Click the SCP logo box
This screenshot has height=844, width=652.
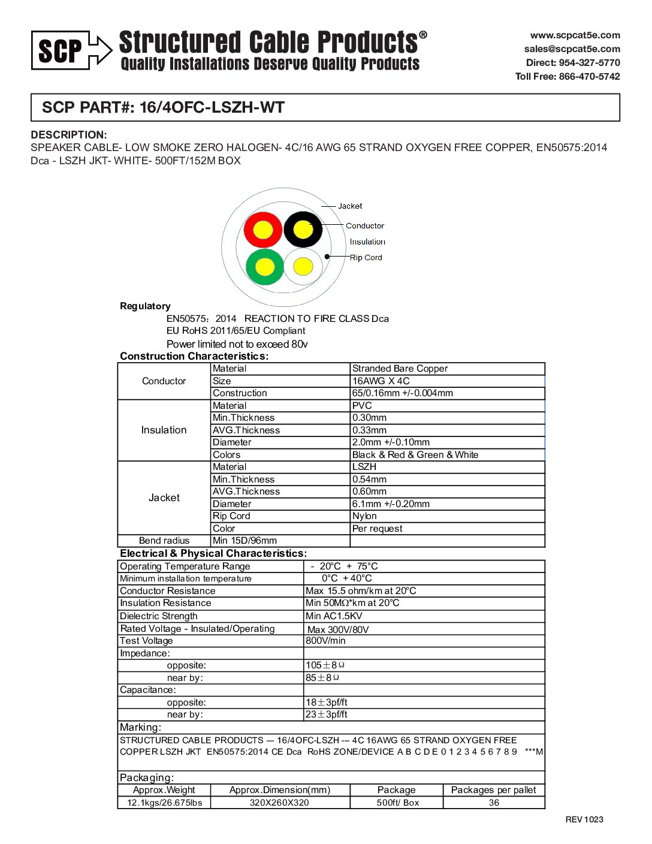61,50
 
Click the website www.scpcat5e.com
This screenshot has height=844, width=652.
575,35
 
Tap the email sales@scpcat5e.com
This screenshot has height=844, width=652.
572,49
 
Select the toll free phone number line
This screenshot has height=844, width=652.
568,76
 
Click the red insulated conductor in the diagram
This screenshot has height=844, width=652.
262,230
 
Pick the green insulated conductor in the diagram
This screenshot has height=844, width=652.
264,267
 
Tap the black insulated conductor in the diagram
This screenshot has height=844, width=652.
303,229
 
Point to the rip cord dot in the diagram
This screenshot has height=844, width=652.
327,257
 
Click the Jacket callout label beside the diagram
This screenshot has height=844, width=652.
350,206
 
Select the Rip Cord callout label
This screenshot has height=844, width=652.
366,258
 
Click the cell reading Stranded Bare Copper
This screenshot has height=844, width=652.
400,369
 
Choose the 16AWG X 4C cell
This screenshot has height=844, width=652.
381,381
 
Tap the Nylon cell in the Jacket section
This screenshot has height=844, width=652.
364,516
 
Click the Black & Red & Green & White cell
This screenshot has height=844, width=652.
415,455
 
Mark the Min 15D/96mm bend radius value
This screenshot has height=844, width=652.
244,541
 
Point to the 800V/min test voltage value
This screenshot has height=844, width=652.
325,641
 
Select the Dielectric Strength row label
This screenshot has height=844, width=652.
158,616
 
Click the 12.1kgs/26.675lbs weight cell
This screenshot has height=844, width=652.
164,803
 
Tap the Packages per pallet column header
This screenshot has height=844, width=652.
493,790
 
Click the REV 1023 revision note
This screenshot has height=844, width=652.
584,819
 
